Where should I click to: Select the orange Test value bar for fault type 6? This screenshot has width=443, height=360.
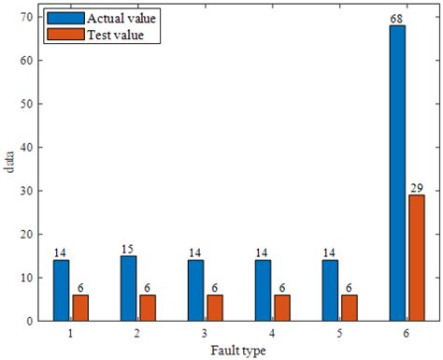point(416,258)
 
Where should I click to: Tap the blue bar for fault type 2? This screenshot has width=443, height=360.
point(128,288)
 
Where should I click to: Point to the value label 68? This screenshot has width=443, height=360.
point(397,19)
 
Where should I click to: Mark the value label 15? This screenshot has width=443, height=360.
point(128,249)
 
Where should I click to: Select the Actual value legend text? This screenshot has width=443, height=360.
point(121,19)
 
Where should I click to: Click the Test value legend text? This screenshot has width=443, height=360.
point(113,36)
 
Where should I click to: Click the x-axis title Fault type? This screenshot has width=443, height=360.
point(238,351)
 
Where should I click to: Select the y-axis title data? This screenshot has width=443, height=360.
point(9,167)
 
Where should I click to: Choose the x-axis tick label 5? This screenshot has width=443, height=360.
point(339,333)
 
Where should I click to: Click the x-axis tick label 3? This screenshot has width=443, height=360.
point(205,333)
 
